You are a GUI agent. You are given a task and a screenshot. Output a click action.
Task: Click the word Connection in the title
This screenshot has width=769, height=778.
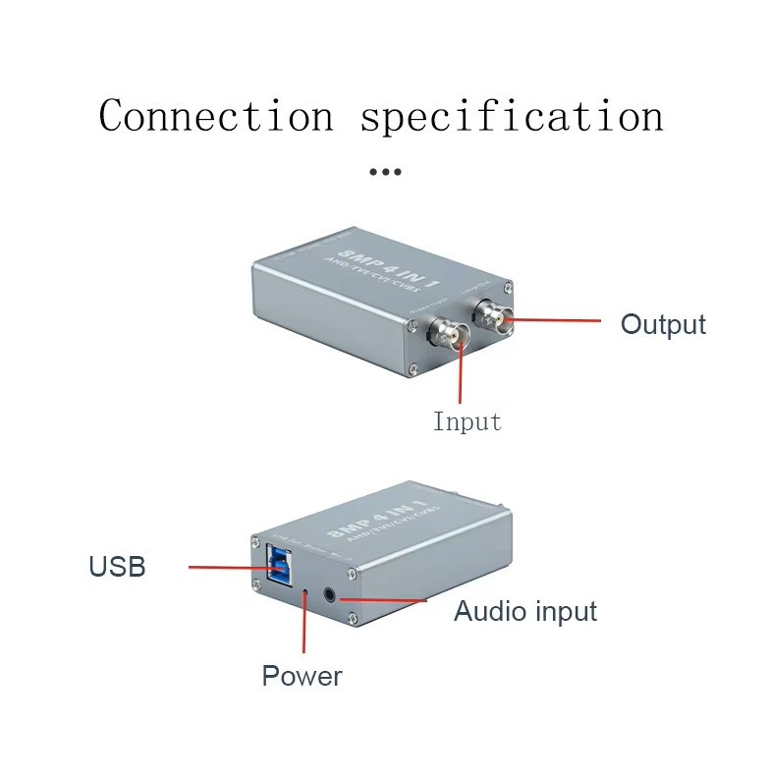(216, 116)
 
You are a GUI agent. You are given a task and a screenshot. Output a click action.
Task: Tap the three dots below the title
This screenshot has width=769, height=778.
(384, 172)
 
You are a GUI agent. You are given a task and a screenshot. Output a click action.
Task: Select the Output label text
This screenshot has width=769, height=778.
(663, 324)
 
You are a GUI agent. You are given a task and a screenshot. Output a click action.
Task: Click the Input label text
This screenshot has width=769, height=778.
(467, 422)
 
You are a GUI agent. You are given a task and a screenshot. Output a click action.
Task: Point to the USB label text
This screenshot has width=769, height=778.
(117, 567)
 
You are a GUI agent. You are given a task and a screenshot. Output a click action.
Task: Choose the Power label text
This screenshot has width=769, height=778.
(302, 676)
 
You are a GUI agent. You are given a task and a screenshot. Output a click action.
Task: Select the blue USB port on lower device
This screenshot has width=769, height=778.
(278, 569)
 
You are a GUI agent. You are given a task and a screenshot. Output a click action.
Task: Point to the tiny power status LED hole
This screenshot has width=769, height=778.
(305, 591)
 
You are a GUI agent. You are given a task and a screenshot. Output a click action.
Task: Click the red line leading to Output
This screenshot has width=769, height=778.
(555, 319)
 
